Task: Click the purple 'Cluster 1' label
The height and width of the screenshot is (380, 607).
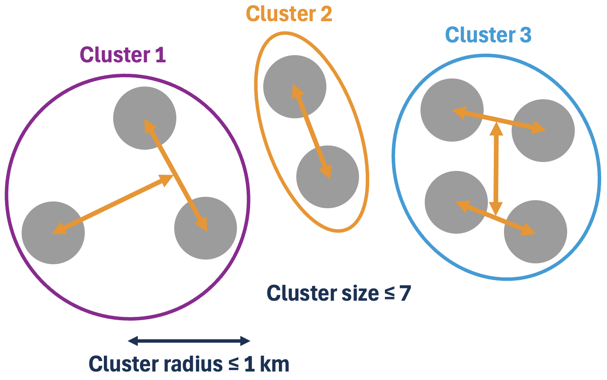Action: (123, 55)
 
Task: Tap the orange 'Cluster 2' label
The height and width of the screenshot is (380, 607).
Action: (289, 14)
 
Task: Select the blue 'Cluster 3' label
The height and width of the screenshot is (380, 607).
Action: (488, 35)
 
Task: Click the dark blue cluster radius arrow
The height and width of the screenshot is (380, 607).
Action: (189, 341)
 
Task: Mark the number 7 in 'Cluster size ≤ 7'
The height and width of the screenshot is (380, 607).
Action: (405, 293)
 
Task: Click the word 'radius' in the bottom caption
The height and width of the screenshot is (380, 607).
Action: (193, 364)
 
